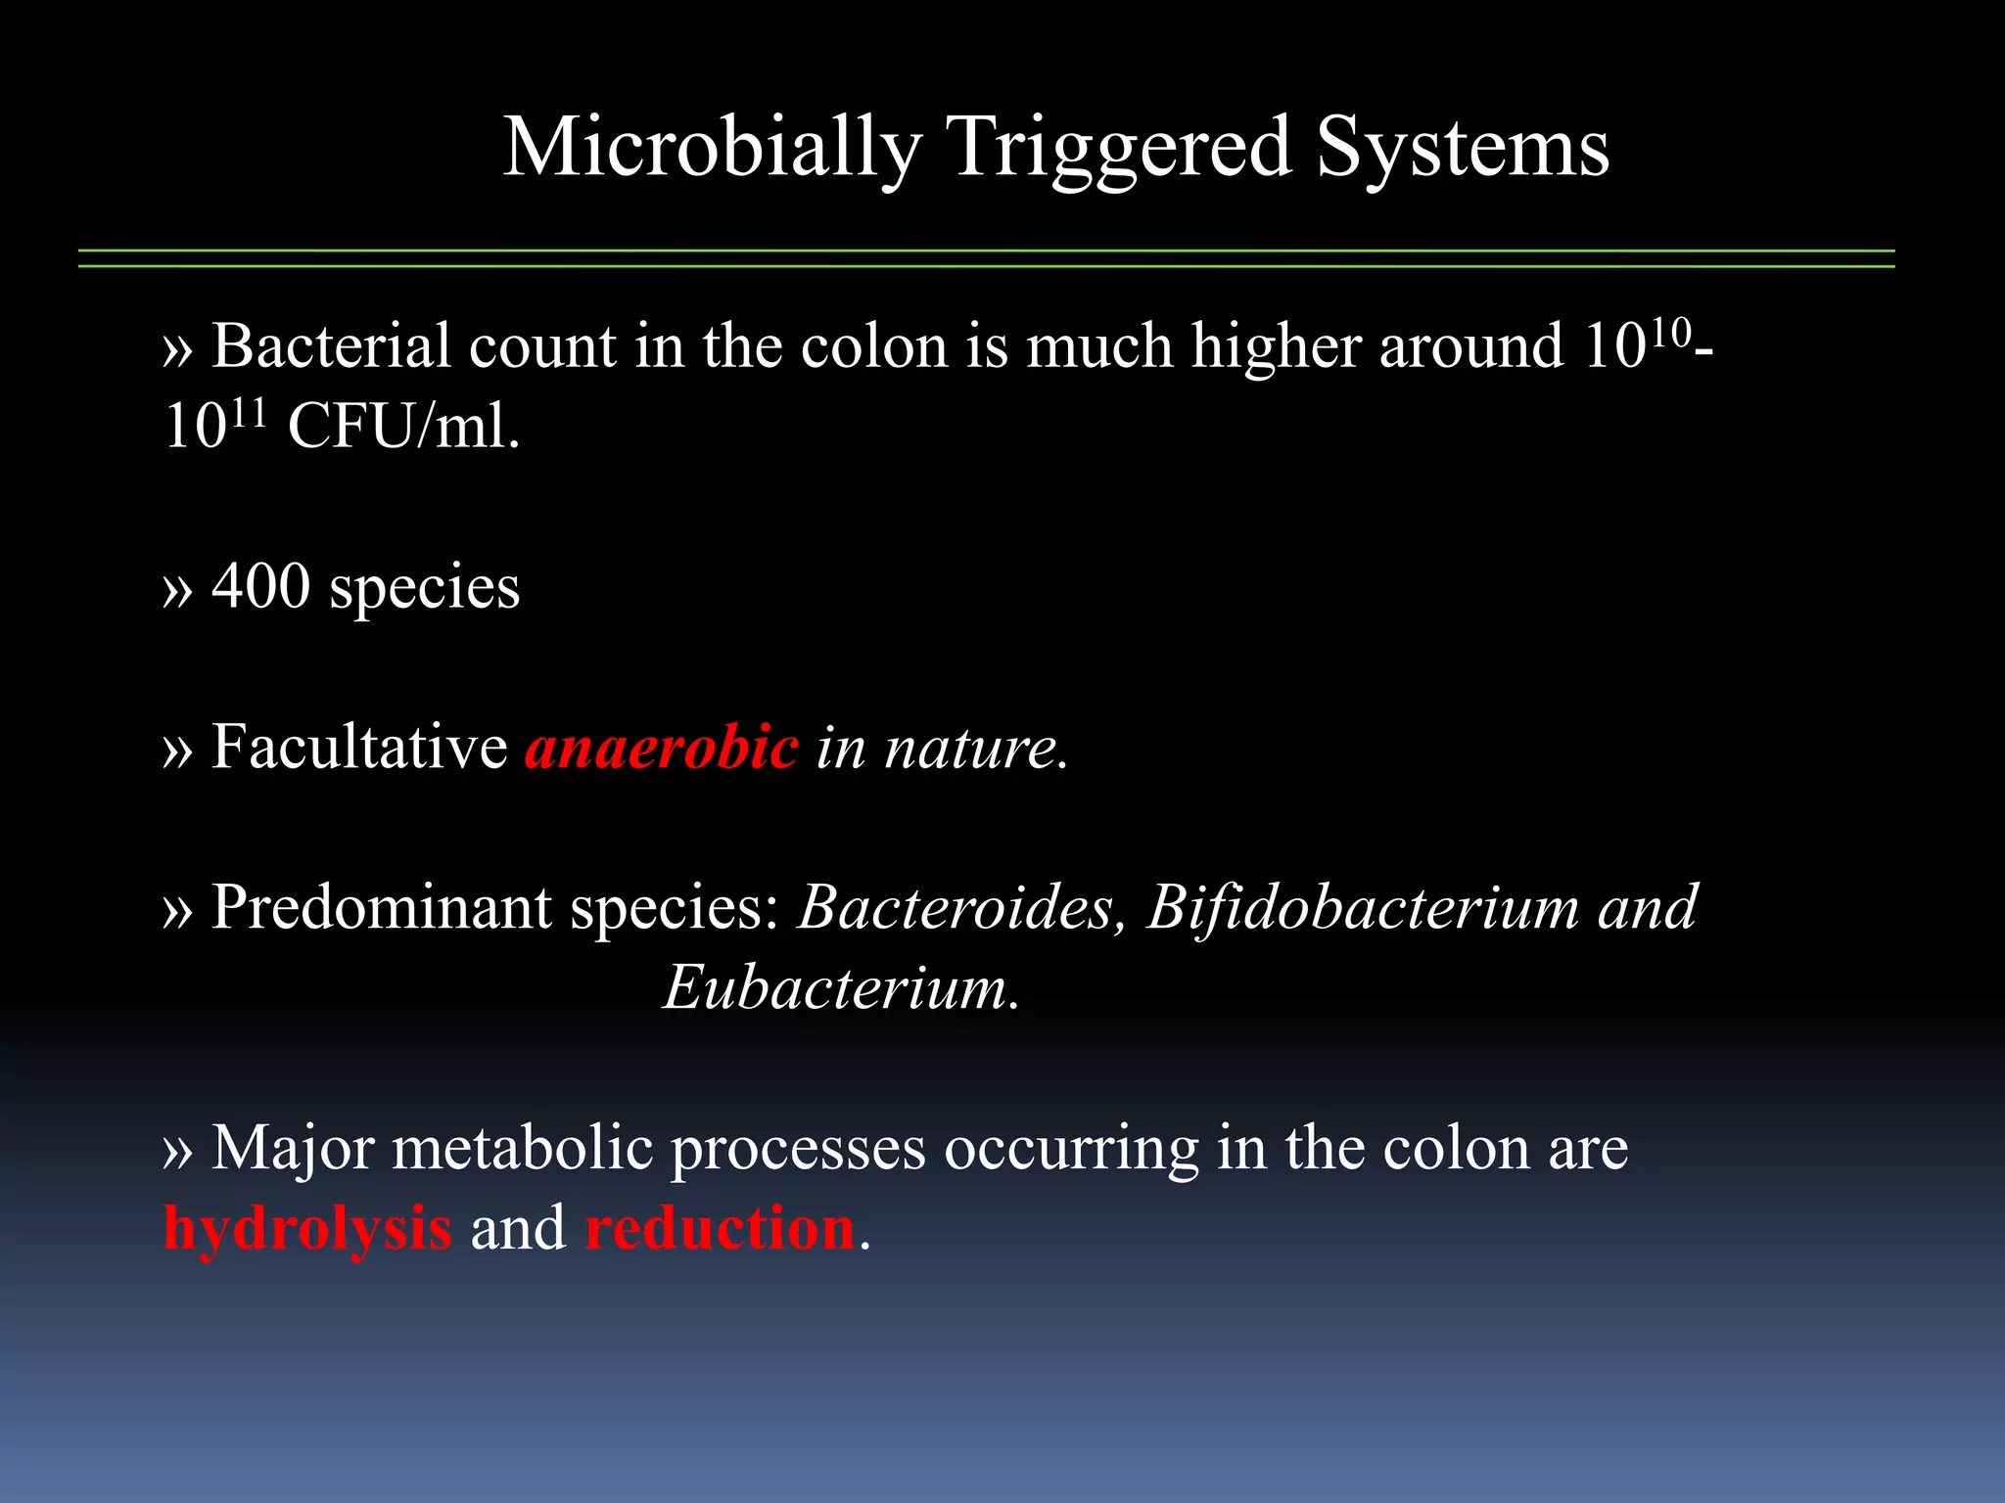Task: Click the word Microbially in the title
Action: point(712,149)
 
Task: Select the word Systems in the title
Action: point(1462,149)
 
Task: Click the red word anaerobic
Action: point(662,748)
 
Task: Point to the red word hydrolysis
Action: point(307,1229)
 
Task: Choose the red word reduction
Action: point(720,1229)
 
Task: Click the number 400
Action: point(260,587)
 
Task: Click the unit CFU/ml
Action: point(403,428)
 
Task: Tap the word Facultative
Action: point(359,748)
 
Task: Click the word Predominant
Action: point(381,908)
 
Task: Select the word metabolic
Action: point(522,1148)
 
